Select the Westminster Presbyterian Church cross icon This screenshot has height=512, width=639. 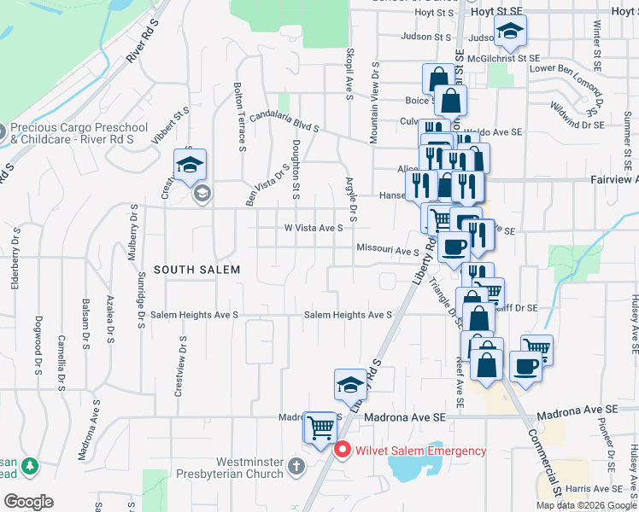(x=296, y=466)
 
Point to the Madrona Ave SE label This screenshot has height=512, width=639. (x=406, y=417)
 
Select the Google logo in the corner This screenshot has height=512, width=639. (x=28, y=501)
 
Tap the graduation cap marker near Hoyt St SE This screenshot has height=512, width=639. (x=511, y=32)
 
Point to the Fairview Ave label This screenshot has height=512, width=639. (x=613, y=180)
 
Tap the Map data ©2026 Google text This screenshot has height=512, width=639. (x=585, y=505)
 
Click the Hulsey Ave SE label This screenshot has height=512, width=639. (x=635, y=324)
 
